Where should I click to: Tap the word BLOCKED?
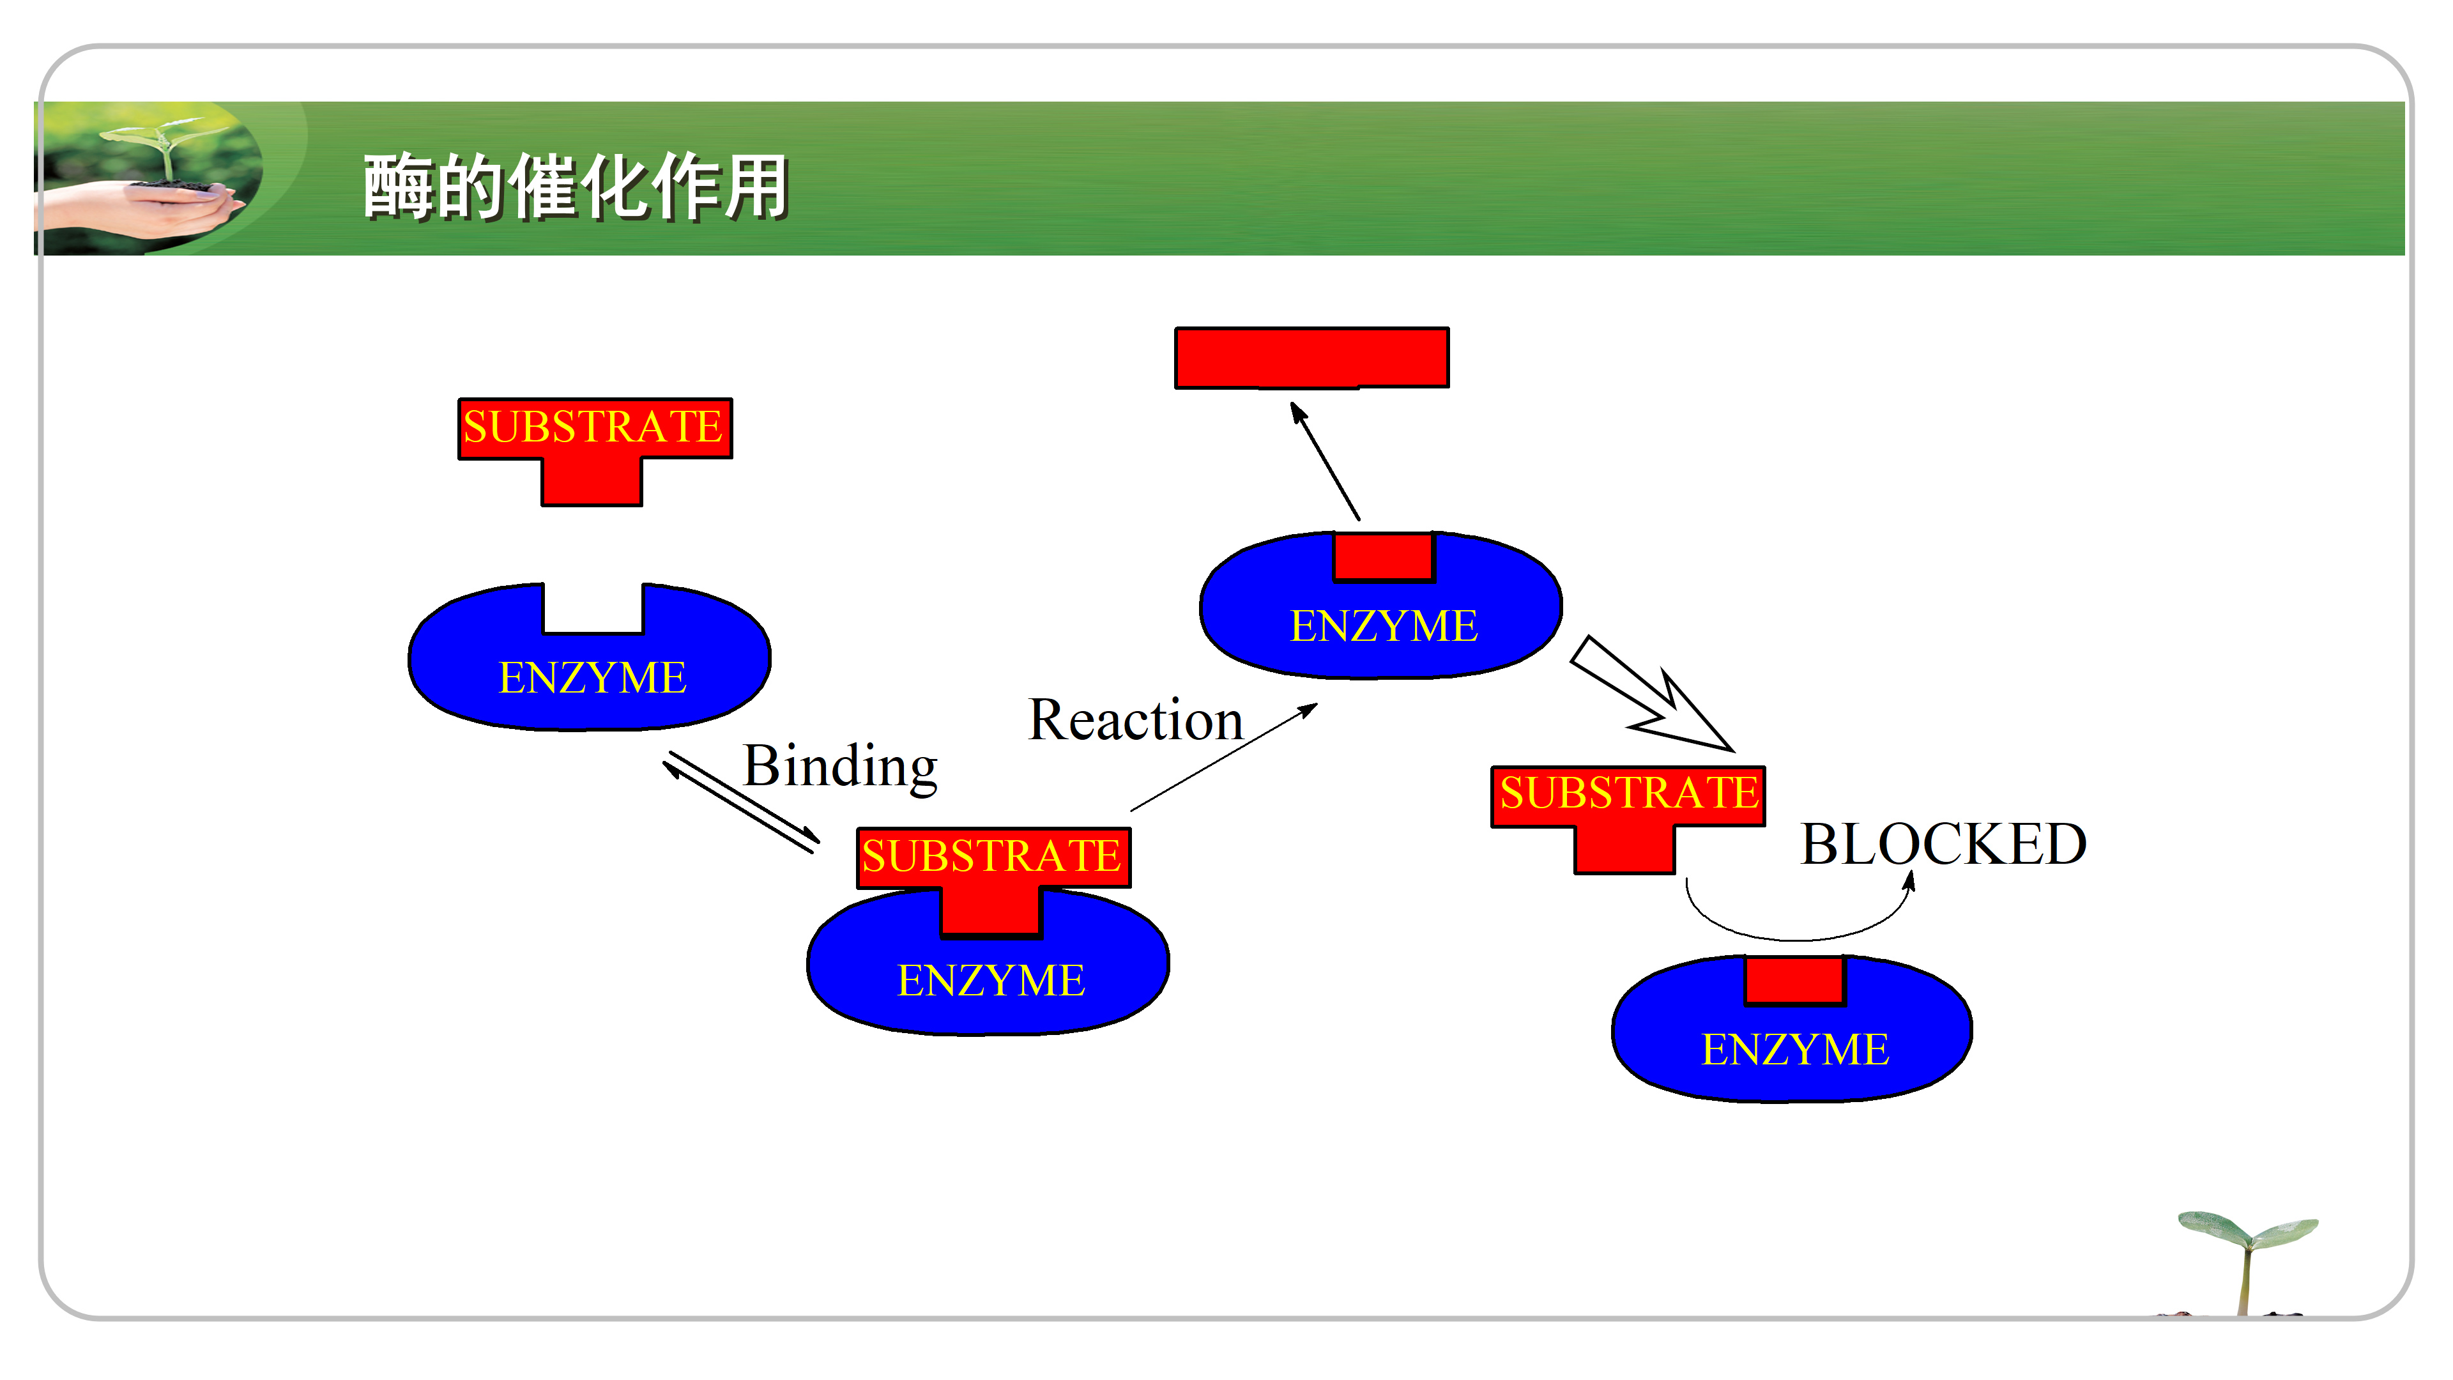click(1943, 844)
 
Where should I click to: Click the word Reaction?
click(1135, 720)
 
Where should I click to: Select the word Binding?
click(840, 766)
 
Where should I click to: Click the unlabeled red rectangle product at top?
click(1311, 357)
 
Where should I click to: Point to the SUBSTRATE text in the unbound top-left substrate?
click(592, 427)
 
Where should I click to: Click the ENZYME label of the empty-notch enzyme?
click(592, 678)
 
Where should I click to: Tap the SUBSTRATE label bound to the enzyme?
click(991, 856)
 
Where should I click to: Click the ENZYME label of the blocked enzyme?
click(1794, 1050)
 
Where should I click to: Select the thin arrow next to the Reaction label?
click(1225, 757)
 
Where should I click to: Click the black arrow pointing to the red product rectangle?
click(1325, 461)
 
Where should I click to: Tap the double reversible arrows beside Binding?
click(741, 801)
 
